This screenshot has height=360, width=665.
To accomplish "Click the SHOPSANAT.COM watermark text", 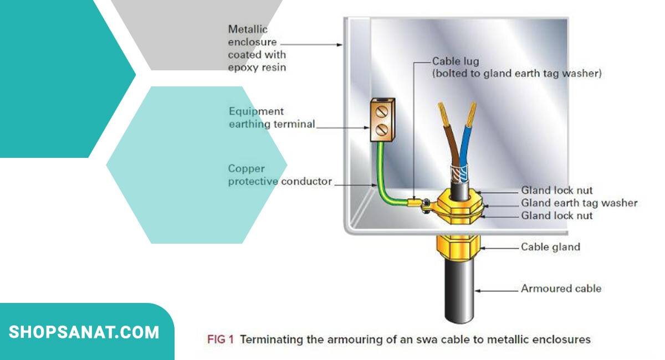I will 84,332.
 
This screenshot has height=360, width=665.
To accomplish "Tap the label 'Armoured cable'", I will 561,289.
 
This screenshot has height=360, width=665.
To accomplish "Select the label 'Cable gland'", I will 550,247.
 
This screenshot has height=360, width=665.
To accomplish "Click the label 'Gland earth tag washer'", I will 579,203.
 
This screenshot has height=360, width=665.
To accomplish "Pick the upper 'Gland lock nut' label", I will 556,191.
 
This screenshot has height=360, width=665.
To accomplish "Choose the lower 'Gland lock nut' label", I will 556,215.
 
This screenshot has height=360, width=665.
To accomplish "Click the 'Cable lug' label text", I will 455,61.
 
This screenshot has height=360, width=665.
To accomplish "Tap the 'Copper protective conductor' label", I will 280,175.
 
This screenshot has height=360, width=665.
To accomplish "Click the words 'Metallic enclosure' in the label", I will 252,35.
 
